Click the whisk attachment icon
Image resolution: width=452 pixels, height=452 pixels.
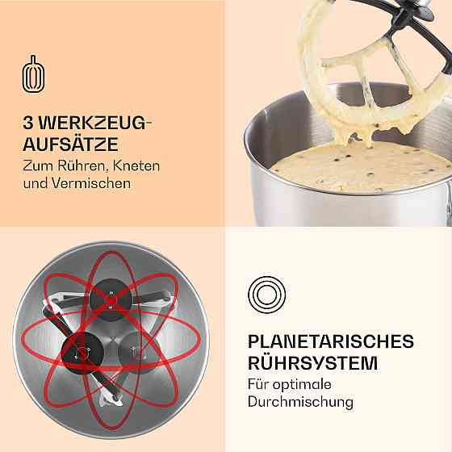[x=33, y=74]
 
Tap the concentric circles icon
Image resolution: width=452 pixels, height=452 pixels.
[x=266, y=295]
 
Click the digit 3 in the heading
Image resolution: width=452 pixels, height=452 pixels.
[x=28, y=123]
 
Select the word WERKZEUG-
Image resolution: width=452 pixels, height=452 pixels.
[x=95, y=123]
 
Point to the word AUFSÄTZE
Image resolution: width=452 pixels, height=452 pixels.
[x=70, y=144]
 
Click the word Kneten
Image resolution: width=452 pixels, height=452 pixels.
[x=136, y=165]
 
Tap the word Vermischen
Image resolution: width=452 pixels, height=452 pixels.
[x=91, y=183]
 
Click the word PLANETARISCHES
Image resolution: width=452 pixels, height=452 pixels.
[x=331, y=341]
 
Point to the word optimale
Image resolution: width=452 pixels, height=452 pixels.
[x=302, y=385]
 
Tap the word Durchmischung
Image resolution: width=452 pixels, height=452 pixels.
[x=300, y=402]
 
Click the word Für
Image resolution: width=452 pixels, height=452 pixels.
[x=258, y=384]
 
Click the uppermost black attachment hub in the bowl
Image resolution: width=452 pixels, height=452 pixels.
[x=111, y=299]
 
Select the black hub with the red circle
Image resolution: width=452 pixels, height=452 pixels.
[x=83, y=353]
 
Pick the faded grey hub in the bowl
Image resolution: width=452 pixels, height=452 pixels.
[x=138, y=352]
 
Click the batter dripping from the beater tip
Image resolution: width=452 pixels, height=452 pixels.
[x=354, y=137]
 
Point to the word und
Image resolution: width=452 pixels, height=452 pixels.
[x=36, y=183]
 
